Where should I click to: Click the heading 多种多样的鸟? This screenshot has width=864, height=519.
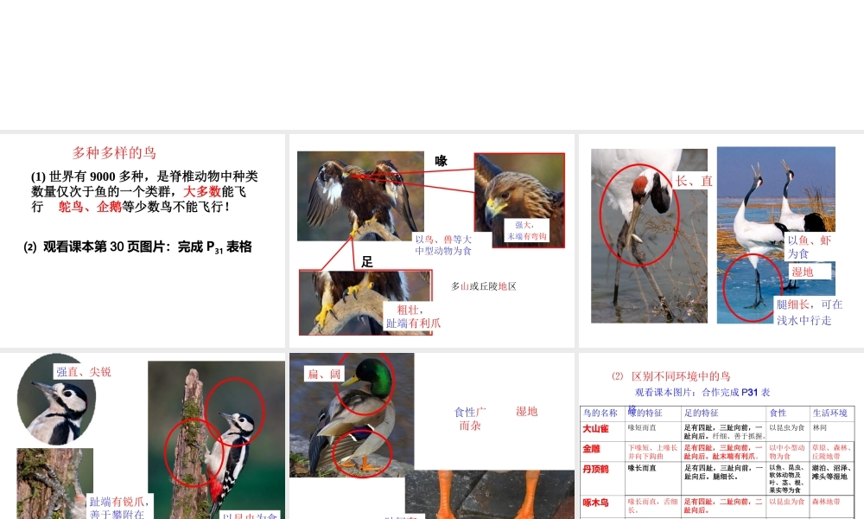tap(114, 153)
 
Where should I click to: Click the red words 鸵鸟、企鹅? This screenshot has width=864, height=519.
tap(90, 208)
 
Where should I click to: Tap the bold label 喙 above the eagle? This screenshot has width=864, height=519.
tap(441, 161)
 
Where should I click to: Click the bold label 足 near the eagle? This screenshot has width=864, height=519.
tap(367, 261)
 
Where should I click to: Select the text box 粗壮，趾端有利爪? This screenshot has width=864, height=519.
tap(413, 317)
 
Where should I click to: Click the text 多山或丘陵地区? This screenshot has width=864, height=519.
tap(483, 286)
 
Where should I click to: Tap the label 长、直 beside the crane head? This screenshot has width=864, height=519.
tap(694, 181)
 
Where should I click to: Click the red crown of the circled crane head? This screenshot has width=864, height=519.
tap(641, 183)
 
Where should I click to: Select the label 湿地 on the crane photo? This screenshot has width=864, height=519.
tap(803, 272)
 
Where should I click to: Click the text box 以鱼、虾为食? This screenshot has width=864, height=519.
tap(809, 247)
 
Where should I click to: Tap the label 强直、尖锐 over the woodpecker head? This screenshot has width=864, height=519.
tap(83, 372)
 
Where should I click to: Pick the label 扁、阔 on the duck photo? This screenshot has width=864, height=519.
tap(325, 375)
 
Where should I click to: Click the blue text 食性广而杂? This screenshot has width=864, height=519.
tap(470, 419)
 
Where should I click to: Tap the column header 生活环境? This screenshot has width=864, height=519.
tap(831, 413)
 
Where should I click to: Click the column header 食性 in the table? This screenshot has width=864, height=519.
tap(778, 413)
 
